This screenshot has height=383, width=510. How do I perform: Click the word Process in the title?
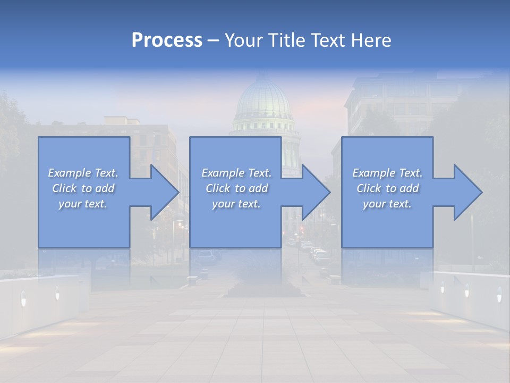point(167,40)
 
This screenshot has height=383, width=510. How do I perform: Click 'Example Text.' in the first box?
point(83,173)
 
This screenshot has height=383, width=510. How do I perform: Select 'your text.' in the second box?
point(236,204)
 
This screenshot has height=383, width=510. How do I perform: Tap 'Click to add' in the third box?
point(387,188)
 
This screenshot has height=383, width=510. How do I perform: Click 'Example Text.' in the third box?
point(387,173)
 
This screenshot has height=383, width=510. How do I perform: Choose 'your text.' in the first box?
point(83,204)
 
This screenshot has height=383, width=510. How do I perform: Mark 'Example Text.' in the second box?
point(236,173)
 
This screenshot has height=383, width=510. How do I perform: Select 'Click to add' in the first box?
point(83,188)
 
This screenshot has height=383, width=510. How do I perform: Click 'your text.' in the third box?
point(387,204)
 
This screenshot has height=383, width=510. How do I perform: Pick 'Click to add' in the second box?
point(236,188)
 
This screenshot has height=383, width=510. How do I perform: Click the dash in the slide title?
point(213,40)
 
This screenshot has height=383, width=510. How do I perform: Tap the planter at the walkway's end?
point(264,290)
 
